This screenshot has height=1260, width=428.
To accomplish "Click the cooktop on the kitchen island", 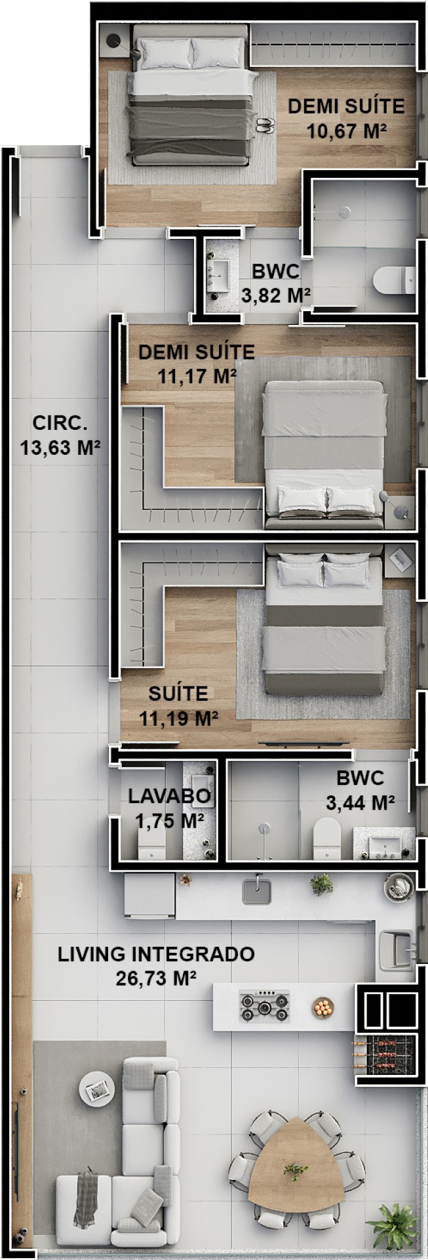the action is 264,1005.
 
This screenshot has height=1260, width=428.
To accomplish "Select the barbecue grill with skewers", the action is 385,1055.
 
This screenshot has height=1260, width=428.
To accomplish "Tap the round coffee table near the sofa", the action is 96,1089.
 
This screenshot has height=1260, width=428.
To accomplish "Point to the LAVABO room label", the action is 169,796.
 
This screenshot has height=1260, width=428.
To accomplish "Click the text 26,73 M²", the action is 157,978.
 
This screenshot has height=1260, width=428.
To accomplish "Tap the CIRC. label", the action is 60,423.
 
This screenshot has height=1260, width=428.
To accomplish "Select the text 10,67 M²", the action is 346,131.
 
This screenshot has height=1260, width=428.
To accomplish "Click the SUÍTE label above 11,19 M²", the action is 178,693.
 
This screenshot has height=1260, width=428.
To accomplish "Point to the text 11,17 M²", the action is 197,376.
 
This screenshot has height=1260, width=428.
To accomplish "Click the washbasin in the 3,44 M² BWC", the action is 384,843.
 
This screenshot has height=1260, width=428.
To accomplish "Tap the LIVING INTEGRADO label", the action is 156,954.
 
